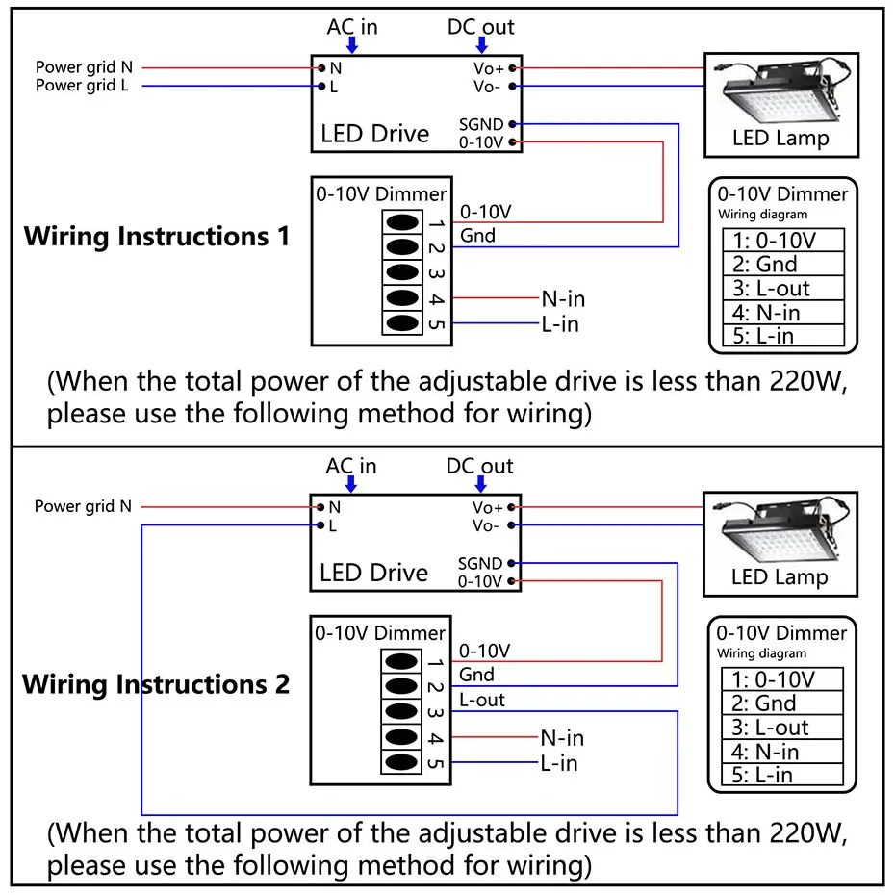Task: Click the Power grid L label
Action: point(83,86)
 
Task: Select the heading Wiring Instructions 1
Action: point(156,237)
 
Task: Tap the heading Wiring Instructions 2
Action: point(156,685)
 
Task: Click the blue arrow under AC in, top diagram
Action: point(352,45)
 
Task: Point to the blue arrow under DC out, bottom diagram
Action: point(480,484)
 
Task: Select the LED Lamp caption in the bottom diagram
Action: point(780,577)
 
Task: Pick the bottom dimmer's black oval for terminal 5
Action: point(403,763)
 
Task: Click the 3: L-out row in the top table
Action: point(782,288)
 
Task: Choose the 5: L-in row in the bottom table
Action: point(782,775)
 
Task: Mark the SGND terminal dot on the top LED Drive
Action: point(513,124)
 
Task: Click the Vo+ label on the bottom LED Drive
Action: point(488,507)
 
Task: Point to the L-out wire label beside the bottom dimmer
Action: point(482,701)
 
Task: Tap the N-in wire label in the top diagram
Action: point(563,299)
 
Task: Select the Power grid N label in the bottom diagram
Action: point(83,506)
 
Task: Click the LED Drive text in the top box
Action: point(374,134)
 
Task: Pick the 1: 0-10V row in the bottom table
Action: point(782,679)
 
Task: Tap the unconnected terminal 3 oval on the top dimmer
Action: point(403,273)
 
